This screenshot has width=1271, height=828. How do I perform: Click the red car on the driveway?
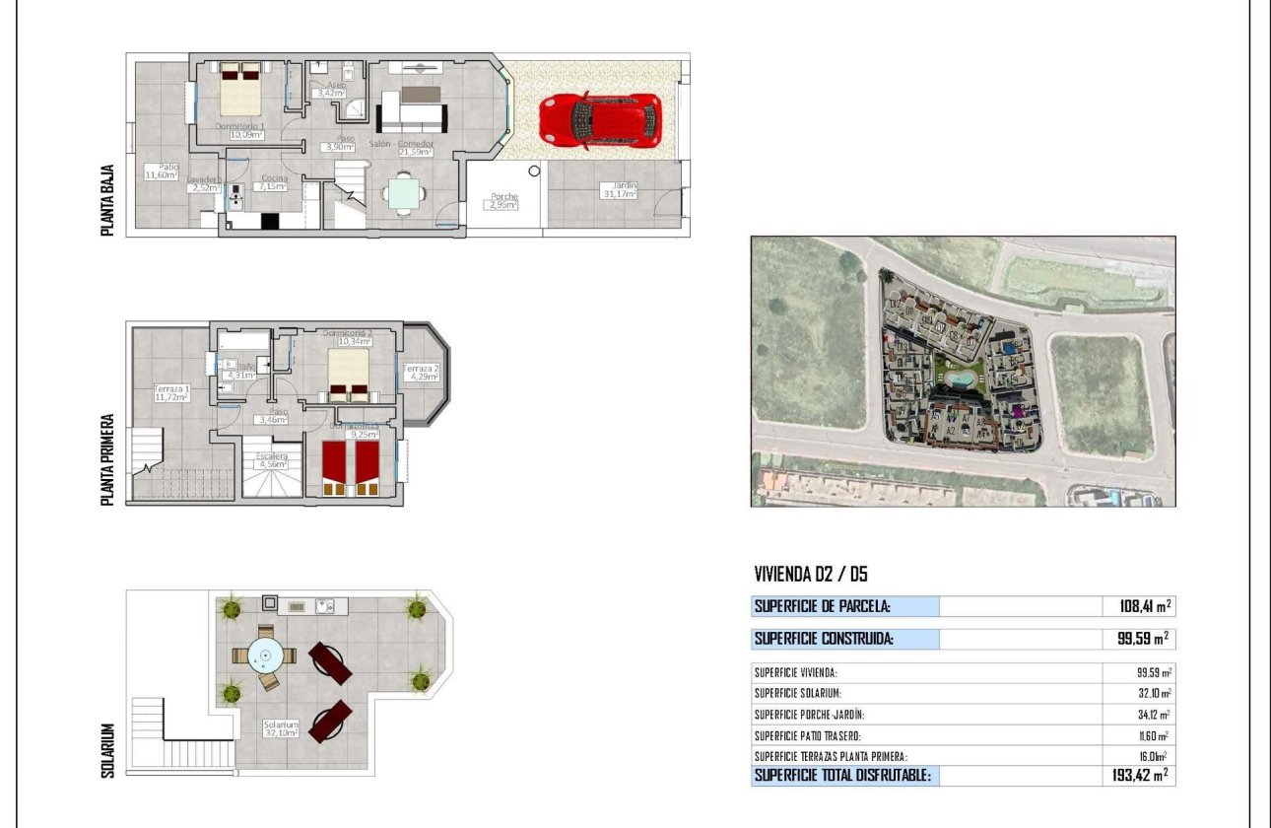599,121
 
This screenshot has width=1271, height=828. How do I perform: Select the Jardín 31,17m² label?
620,190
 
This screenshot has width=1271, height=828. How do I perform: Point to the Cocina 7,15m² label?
272,181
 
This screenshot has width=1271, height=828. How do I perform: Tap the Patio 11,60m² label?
162,172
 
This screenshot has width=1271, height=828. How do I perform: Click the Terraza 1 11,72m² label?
171,393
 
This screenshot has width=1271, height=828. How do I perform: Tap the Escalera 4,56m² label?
271,460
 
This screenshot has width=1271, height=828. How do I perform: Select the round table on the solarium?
264,654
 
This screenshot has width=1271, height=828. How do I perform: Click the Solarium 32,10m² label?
281,729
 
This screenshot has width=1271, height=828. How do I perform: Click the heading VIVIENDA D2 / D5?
811,575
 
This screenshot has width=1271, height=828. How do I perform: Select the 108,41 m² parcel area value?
1138,606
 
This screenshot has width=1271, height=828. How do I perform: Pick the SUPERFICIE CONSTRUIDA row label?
824,639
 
